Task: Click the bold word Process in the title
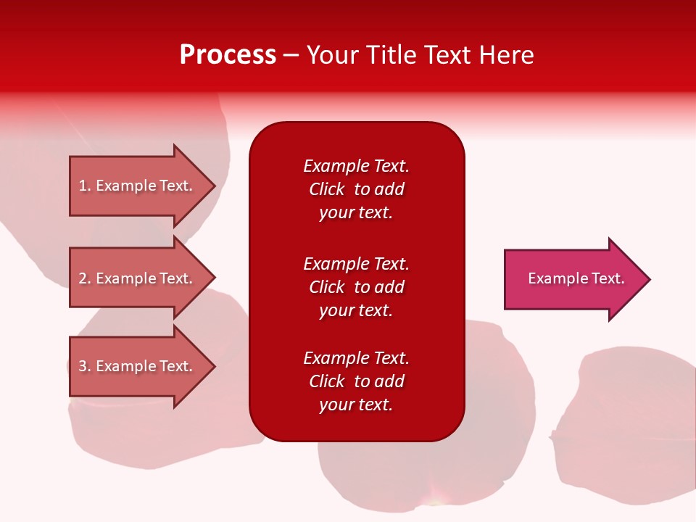click(x=228, y=55)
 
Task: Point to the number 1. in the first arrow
click(x=85, y=186)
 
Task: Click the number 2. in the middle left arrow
click(x=85, y=278)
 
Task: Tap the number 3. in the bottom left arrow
click(x=85, y=366)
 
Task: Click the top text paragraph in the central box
click(x=356, y=189)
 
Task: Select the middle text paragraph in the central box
click(x=356, y=287)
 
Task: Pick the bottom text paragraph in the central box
click(x=356, y=381)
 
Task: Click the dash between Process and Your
click(x=291, y=55)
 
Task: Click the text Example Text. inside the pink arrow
click(x=576, y=278)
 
